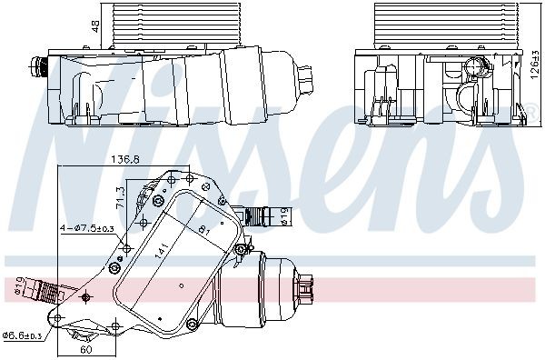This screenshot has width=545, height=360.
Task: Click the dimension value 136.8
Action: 124,160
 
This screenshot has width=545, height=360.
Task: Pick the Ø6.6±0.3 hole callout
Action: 25,335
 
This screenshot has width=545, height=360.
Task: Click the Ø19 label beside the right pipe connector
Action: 283,215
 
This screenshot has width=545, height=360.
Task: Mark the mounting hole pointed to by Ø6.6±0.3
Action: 57,319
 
